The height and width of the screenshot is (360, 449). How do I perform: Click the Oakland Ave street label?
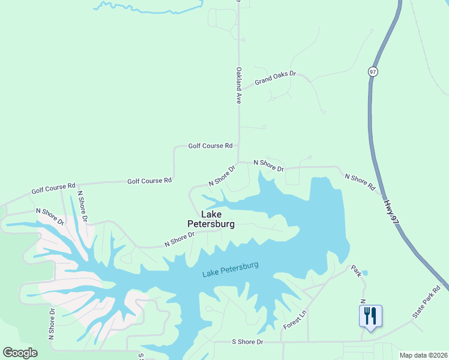coord(238,86)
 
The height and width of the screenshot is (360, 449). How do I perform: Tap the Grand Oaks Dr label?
coord(276,77)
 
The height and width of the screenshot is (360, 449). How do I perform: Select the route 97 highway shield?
coord(373,71)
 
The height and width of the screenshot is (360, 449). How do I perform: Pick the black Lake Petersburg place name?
coord(217,219)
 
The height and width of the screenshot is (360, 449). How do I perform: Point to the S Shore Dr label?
coord(247,342)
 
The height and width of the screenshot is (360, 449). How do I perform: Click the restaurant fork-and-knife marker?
coord(370,315)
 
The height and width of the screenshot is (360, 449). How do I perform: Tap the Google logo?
coord(20,353)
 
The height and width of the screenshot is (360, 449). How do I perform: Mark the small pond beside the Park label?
coord(365,274)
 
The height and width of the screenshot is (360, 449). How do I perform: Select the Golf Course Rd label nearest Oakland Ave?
coord(210,146)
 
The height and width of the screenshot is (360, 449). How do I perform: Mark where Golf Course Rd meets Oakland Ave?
coord(239,145)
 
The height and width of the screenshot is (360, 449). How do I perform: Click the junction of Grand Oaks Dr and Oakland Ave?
coord(240,88)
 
